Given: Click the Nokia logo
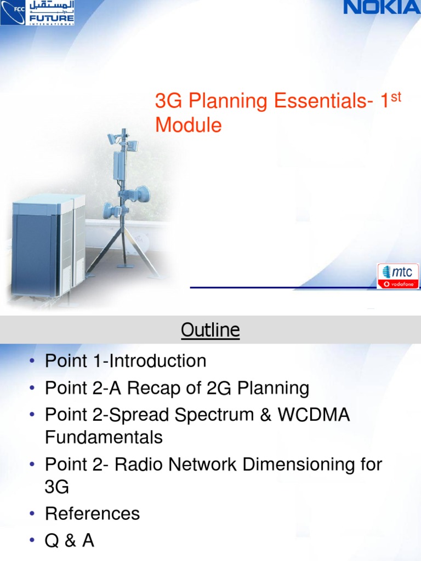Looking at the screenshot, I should [382, 8].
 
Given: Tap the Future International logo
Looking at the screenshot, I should [38, 13].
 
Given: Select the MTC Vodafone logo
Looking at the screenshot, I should [399, 276].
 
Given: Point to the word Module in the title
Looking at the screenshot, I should [188, 125].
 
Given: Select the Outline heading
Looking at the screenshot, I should [210, 330].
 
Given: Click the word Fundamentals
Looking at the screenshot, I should [104, 437].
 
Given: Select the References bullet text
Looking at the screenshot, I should [92, 514].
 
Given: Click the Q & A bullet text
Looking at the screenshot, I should [70, 541].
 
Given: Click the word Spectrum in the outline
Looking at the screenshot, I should [217, 415].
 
